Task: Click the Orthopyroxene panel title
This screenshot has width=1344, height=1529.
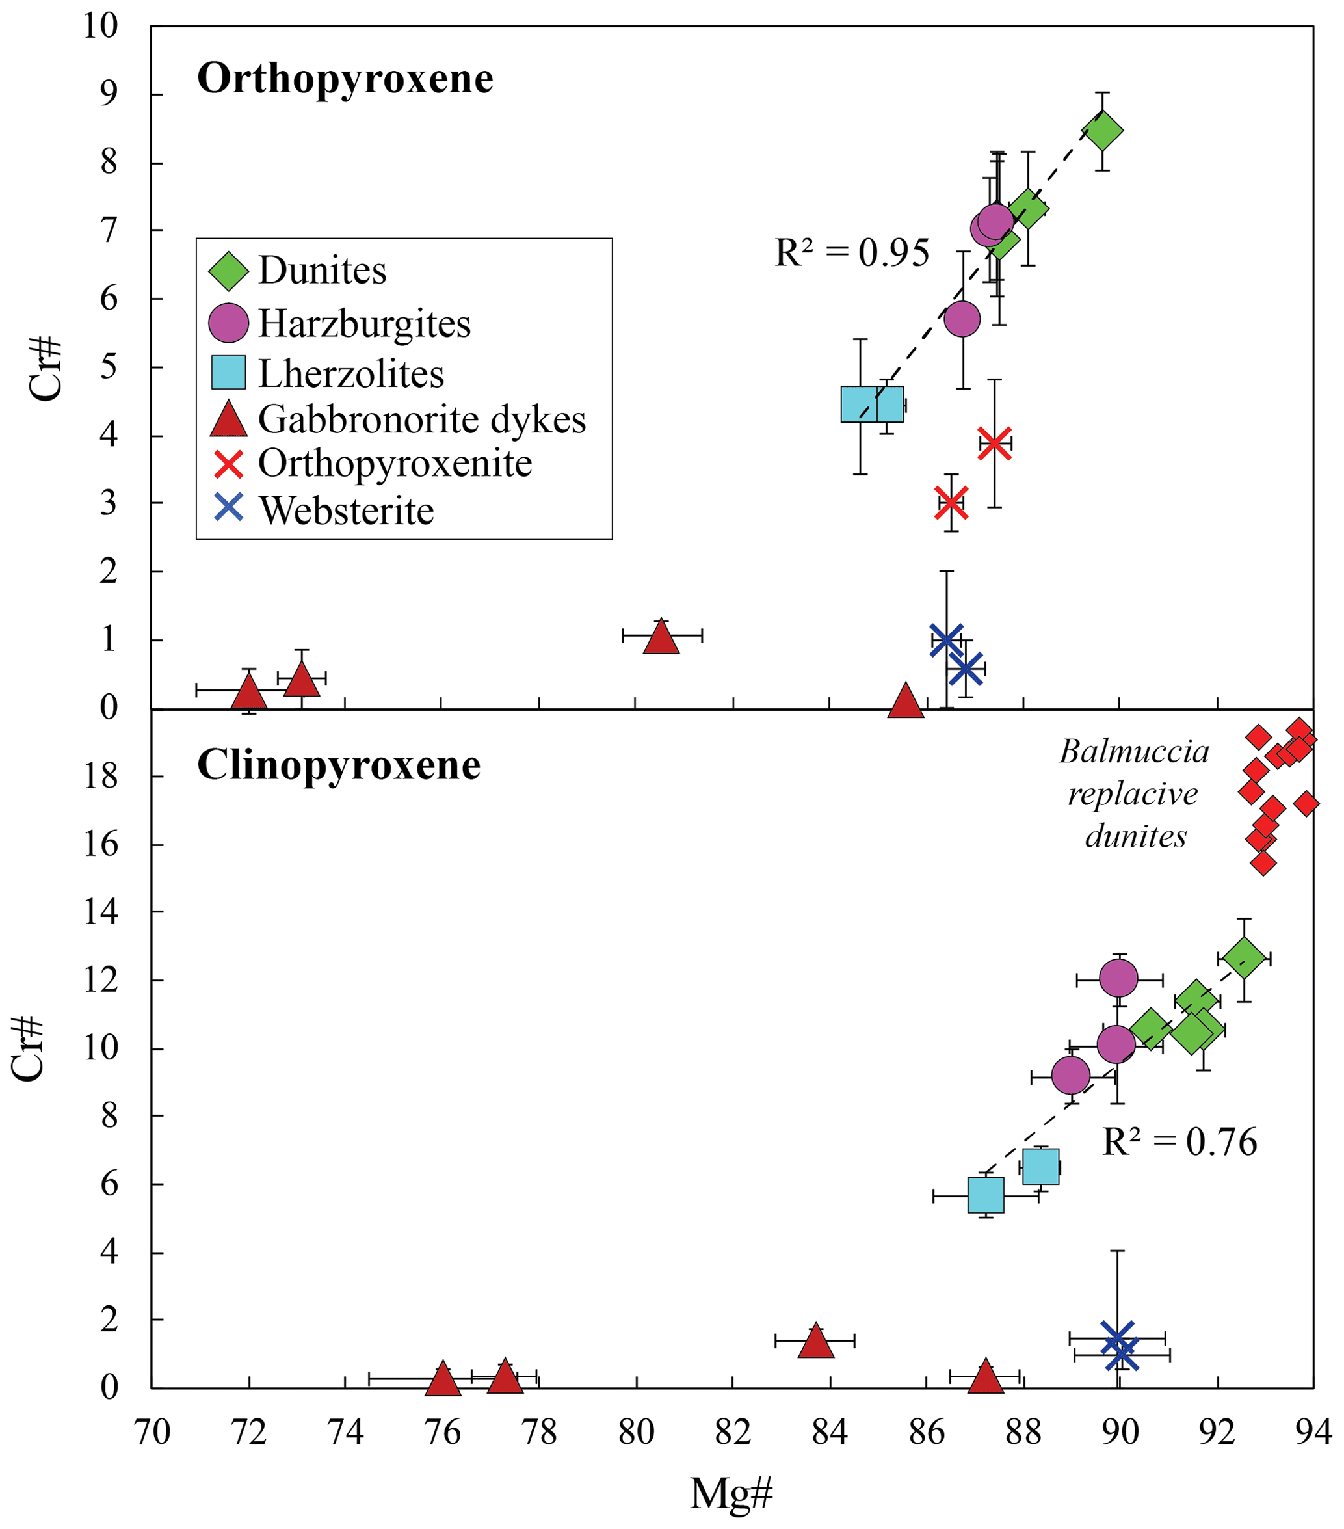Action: tap(345, 79)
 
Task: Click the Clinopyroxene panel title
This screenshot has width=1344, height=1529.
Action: tap(339, 765)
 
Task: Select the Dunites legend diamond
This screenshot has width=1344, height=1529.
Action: tap(228, 271)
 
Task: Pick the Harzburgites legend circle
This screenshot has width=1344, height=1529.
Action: tap(228, 323)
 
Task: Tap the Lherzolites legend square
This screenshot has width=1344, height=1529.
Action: tap(228, 373)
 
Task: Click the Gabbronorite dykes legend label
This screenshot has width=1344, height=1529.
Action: tap(422, 419)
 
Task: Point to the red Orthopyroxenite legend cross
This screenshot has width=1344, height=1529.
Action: tap(228, 464)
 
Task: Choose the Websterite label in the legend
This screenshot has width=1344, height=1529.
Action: tap(347, 511)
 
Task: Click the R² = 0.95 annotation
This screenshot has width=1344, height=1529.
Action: tap(851, 253)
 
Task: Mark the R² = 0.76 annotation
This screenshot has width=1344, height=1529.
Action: tap(1179, 1142)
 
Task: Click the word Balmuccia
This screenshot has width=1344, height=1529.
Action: tap(1134, 752)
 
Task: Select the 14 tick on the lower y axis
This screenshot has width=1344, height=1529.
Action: tap(100, 912)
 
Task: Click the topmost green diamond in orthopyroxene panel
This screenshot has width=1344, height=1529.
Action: tap(1101, 131)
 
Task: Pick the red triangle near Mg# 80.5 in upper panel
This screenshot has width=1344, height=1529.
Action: tap(661, 639)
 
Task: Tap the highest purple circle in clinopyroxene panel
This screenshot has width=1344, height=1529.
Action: tap(1118, 977)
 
